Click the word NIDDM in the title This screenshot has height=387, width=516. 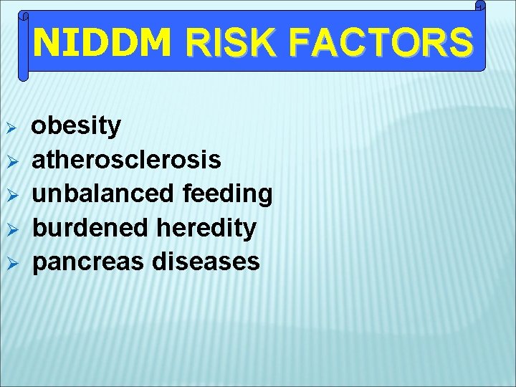tap(102, 43)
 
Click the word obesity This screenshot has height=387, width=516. tap(77, 126)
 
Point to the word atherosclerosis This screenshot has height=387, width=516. tap(127, 160)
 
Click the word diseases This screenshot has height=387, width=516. tap(206, 262)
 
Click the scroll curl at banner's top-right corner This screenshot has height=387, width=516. tap(480, 6)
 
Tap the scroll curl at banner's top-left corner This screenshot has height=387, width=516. tap(24, 14)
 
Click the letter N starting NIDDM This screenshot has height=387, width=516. tap(47, 43)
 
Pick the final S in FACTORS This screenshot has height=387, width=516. tap(461, 43)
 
